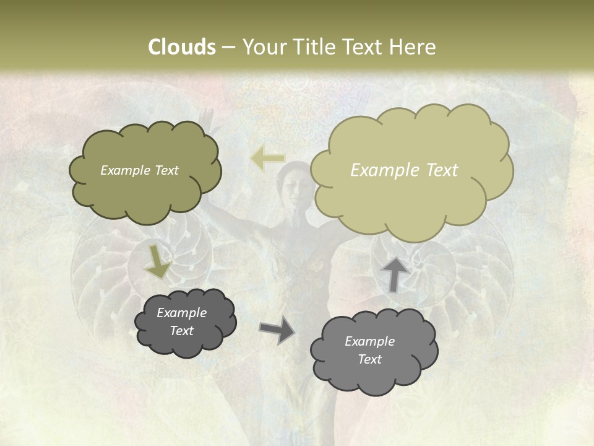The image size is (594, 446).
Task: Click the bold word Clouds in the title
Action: (181, 47)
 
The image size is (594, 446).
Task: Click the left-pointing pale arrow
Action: (267, 159)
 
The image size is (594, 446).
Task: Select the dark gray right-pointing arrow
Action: (277, 330)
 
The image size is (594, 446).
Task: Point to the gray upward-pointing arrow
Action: (394, 274)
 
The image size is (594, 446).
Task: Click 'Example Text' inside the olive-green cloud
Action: (139, 170)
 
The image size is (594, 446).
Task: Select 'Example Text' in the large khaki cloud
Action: (404, 170)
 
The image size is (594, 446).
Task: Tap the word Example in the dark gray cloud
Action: (181, 313)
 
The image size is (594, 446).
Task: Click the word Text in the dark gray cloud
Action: (181, 331)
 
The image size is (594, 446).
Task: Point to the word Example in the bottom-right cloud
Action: (369, 341)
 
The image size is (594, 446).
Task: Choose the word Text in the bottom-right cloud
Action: (369, 359)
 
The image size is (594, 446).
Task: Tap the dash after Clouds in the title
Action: (228, 48)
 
